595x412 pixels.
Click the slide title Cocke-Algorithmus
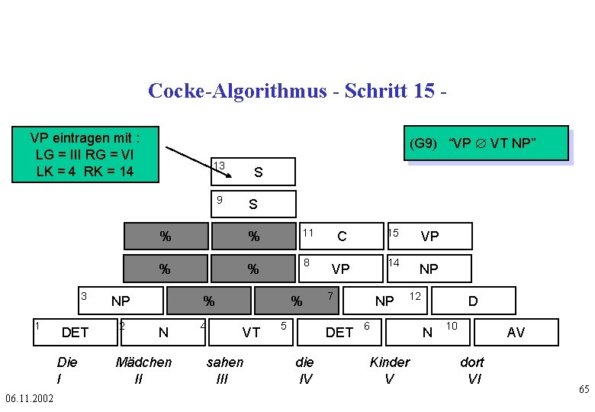click(x=297, y=91)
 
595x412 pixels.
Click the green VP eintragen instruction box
click(x=85, y=154)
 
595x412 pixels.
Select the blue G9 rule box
click(x=487, y=143)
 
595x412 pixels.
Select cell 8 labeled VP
click(x=339, y=269)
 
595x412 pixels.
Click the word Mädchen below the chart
click(x=143, y=362)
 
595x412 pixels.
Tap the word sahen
click(x=225, y=362)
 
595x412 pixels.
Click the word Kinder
click(x=389, y=362)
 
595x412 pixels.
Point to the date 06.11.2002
click(x=29, y=399)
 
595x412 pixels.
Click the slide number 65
click(x=584, y=390)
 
